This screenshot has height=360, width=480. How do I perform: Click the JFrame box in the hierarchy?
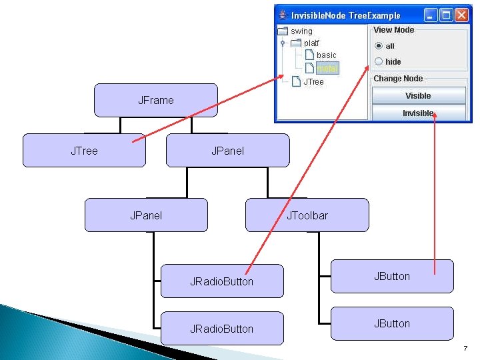(155, 100)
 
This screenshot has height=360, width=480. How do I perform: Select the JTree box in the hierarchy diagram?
(84, 151)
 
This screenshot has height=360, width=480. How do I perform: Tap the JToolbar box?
(307, 215)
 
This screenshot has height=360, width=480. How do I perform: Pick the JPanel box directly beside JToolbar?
(146, 215)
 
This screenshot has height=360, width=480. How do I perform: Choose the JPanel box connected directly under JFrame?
(227, 151)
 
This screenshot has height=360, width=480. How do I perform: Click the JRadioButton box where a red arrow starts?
(221, 281)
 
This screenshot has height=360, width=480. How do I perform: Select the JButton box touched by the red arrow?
(392, 276)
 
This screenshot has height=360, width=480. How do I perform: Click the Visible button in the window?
(418, 96)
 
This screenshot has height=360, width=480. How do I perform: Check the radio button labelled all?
(379, 46)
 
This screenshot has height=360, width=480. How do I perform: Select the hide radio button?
(379, 61)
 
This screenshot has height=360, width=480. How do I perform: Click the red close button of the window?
(461, 15)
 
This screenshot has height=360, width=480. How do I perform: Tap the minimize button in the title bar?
(431, 15)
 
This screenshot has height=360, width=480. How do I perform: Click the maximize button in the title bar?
(446, 15)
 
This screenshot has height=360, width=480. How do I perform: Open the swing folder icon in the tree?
(283, 31)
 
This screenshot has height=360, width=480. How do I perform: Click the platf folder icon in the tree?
(296, 43)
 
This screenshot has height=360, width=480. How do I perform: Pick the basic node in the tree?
(327, 55)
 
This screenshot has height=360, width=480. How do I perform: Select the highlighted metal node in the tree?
(327, 68)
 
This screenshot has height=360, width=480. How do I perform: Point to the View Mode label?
(393, 30)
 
